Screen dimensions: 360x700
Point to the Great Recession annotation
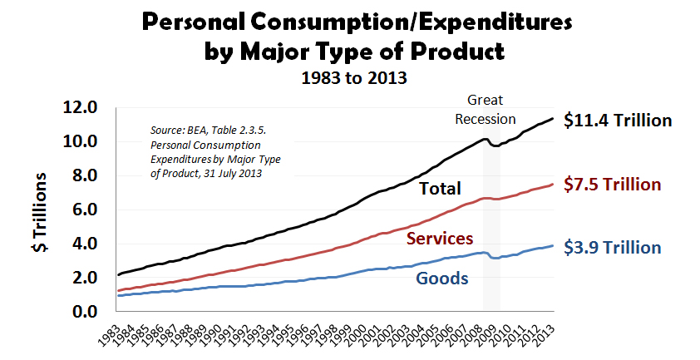click(485, 109)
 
